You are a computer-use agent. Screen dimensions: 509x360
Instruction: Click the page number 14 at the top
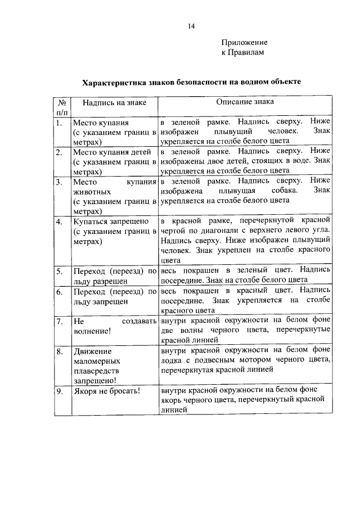coord(191,26)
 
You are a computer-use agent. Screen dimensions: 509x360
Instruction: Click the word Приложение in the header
coord(244,42)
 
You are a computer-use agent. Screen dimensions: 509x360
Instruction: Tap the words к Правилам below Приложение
coord(242,52)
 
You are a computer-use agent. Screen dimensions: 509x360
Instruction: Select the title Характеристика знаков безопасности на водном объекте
coord(191,82)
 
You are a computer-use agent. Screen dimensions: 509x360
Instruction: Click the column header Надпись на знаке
coord(114,103)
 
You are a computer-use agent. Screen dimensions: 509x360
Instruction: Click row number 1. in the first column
coord(58,122)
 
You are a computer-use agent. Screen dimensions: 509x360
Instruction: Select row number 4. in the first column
coord(59,222)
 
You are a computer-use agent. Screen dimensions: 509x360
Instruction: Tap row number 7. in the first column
coord(59,322)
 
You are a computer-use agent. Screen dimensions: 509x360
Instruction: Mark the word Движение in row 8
coord(92,352)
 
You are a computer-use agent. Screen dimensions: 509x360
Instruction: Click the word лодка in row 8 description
coord(171,361)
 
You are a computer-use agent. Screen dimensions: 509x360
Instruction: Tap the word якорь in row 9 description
coord(171,400)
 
